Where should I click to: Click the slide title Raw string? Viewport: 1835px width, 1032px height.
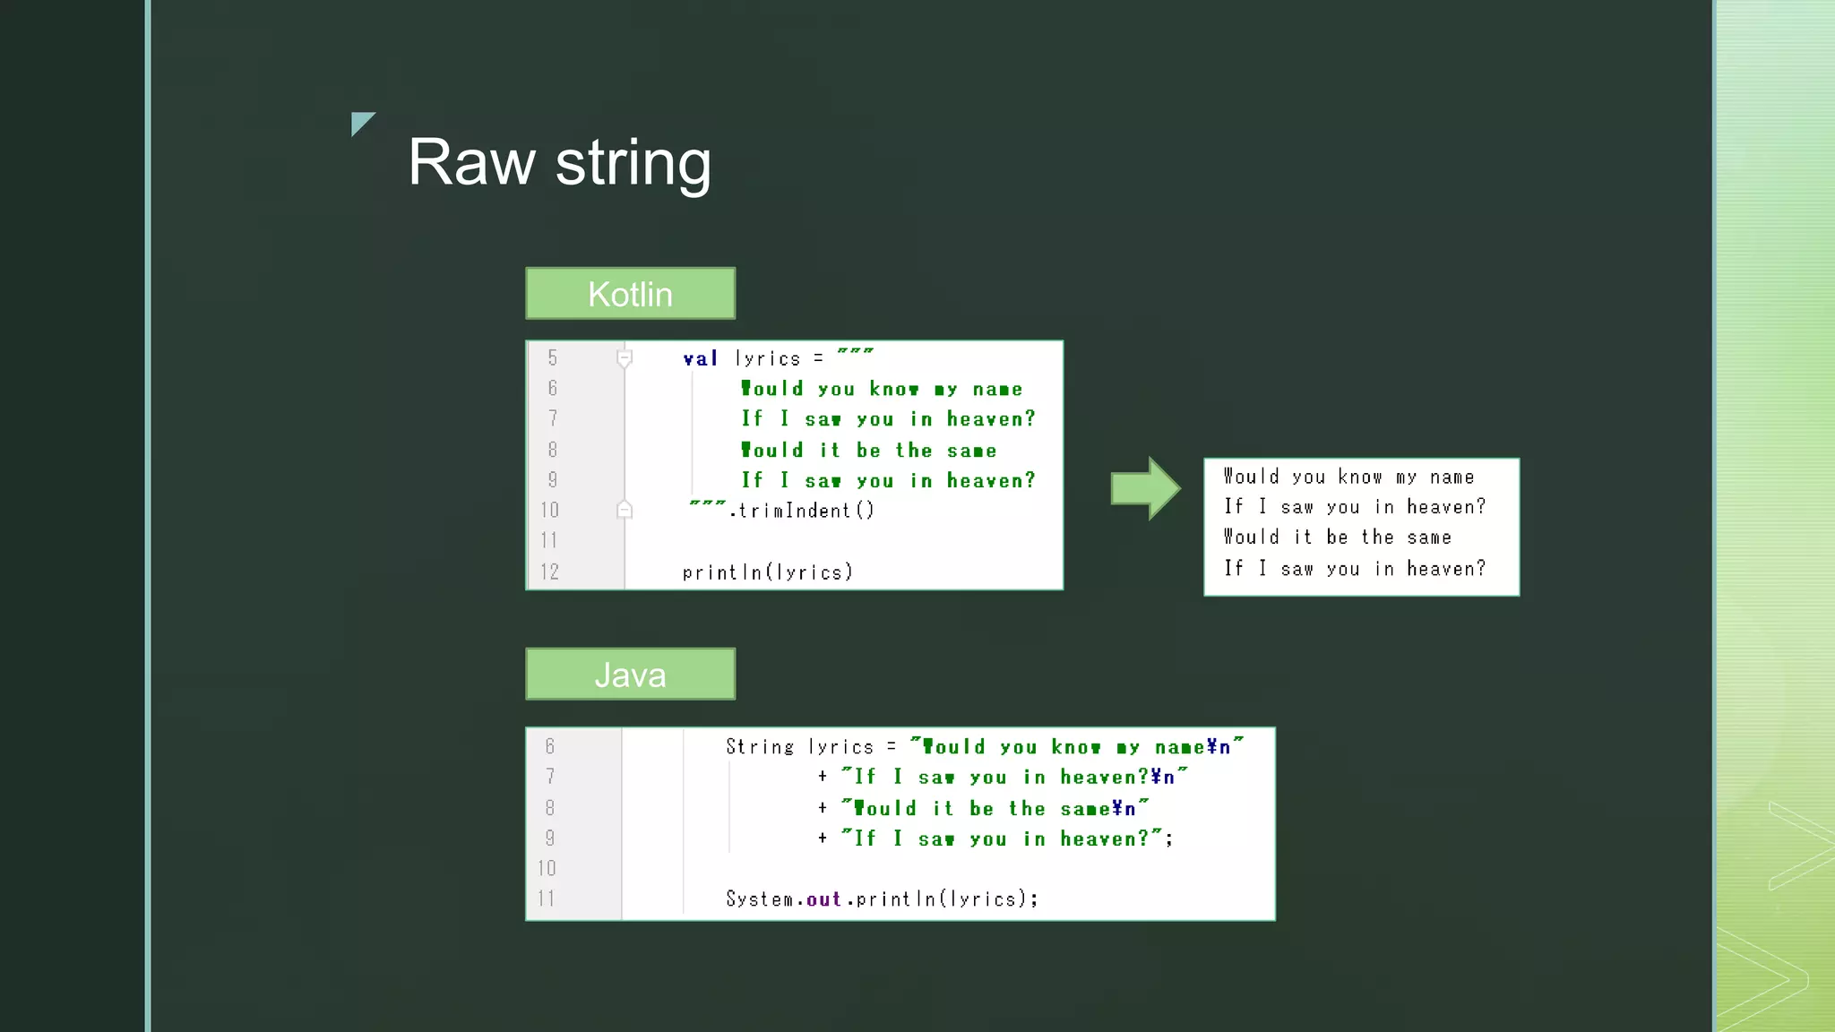click(559, 163)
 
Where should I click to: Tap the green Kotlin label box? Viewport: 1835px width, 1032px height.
click(630, 294)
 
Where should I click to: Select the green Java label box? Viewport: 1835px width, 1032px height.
click(630, 675)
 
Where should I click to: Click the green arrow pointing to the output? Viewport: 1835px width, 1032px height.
click(1145, 488)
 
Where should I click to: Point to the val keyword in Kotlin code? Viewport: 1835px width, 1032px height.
click(700, 359)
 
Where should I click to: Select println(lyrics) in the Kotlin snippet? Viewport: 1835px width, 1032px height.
click(767, 572)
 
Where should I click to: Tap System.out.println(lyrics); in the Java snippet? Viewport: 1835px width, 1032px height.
click(882, 899)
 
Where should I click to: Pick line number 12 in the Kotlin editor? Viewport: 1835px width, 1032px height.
click(549, 572)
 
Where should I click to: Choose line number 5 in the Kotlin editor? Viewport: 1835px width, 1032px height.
click(552, 358)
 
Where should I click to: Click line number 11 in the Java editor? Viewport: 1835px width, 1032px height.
click(547, 899)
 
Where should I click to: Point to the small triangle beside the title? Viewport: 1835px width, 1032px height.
click(361, 123)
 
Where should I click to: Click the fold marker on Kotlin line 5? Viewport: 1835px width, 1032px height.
click(625, 358)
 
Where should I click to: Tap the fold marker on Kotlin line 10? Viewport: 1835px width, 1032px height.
click(625, 510)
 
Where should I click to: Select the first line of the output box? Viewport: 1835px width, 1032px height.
click(1348, 477)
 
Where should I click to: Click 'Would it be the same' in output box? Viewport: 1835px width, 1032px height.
click(1337, 537)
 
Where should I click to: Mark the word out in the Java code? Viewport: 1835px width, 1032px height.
click(823, 899)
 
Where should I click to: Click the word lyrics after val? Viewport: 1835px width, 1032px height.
click(767, 359)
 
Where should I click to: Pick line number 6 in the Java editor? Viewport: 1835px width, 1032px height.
click(550, 746)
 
